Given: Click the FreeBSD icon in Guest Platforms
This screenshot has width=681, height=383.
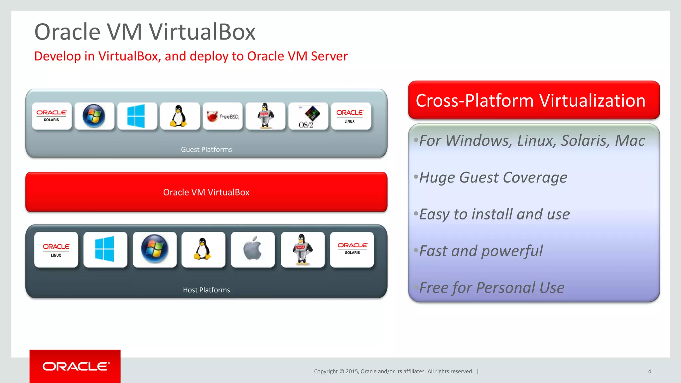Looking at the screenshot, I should coord(223,116).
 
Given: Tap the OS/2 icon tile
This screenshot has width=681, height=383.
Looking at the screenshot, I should coord(308,116).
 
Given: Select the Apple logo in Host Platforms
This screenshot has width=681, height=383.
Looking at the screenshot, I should coord(253,249).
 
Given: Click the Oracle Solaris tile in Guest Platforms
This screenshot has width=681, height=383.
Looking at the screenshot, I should coord(52,116).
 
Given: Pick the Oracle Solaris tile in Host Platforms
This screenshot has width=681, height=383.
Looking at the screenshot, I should coord(352,249).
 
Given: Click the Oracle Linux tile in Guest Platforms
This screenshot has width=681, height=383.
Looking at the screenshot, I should coord(351,116).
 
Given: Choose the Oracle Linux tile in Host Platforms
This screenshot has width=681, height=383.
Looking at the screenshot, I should coord(56,250).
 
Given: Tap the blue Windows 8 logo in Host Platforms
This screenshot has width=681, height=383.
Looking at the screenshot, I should coord(105,249).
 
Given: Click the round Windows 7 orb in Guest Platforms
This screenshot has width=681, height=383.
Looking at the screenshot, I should coord(94,116).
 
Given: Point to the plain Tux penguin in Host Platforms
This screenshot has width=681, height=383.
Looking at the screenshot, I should coord(203,249).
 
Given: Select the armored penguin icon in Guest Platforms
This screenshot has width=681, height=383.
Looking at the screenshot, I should coord(265,116).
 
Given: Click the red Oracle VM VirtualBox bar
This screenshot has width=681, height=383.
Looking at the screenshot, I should coord(206,192).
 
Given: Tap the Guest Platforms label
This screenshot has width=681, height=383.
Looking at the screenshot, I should coord(206,150).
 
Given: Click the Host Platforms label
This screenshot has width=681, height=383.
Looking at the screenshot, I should coord(206,290).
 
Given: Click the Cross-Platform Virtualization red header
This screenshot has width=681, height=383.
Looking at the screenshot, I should coord(534,100).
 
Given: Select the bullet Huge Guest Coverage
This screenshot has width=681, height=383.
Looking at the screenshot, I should coord(493,178).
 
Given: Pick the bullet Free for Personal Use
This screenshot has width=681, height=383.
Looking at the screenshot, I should coord(491,288).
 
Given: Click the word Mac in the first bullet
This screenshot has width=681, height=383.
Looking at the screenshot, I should coord(630,141).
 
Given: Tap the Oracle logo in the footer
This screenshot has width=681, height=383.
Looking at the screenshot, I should coord(75,366).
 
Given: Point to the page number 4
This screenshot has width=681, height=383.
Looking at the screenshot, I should coord(649,371).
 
